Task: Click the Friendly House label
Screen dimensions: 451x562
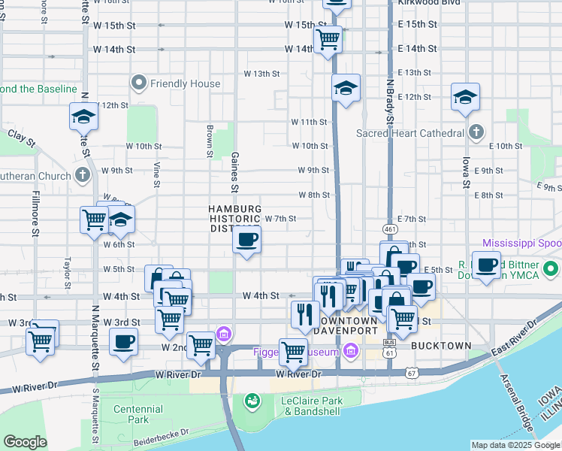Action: click(x=179, y=83)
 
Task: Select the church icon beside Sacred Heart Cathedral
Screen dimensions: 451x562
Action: click(x=475, y=133)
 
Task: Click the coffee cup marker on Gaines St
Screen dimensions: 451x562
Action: click(x=247, y=241)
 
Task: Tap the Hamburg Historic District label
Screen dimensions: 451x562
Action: click(x=234, y=218)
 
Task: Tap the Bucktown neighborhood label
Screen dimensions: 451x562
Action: click(x=442, y=346)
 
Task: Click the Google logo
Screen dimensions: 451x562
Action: click(x=25, y=442)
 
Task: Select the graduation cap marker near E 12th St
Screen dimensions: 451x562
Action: click(x=465, y=97)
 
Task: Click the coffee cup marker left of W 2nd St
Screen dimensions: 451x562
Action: click(x=124, y=341)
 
